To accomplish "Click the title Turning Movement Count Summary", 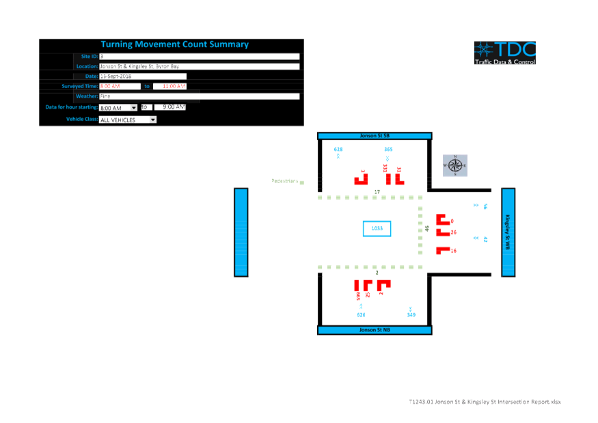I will (175, 44).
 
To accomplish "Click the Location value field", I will (199, 66).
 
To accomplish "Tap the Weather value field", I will (199, 96).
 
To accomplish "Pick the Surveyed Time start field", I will (120, 86).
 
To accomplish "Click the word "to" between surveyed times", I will (147, 86).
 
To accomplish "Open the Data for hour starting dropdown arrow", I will (133, 107).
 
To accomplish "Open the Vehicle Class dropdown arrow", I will (152, 119).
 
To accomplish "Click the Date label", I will (91, 77).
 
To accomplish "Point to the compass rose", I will (455, 165).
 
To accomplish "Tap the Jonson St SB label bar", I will (375, 136).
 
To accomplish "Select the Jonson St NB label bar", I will (375, 330).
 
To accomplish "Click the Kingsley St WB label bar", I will (508, 232).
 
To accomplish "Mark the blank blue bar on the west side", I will (241, 232).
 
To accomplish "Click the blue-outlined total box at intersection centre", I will (377, 228).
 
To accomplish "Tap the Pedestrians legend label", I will (285, 181).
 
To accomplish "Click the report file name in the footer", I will (485, 402).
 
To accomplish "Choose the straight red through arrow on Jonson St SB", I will (388, 178).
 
